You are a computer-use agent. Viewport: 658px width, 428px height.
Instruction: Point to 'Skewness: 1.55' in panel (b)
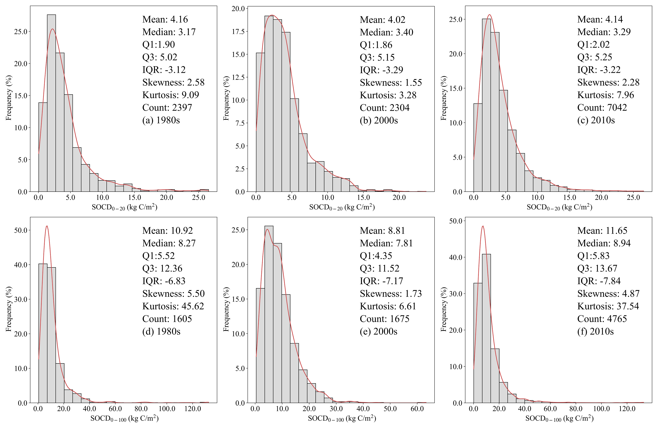[x=391, y=82]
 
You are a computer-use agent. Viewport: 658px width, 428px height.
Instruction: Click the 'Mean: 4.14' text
[x=600, y=19]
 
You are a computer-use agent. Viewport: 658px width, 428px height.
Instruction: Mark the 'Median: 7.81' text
[x=386, y=243]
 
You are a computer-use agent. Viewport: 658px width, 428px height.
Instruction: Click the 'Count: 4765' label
[x=602, y=319]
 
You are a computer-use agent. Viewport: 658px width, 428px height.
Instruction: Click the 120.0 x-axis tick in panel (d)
[x=193, y=409]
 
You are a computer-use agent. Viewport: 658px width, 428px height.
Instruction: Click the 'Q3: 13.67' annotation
[x=597, y=268]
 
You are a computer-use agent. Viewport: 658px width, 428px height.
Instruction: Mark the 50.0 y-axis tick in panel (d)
[x=21, y=230]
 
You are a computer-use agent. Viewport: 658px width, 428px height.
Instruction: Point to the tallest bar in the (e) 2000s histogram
[x=269, y=314]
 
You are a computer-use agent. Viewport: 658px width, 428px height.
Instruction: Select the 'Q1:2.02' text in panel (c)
[x=593, y=44]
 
